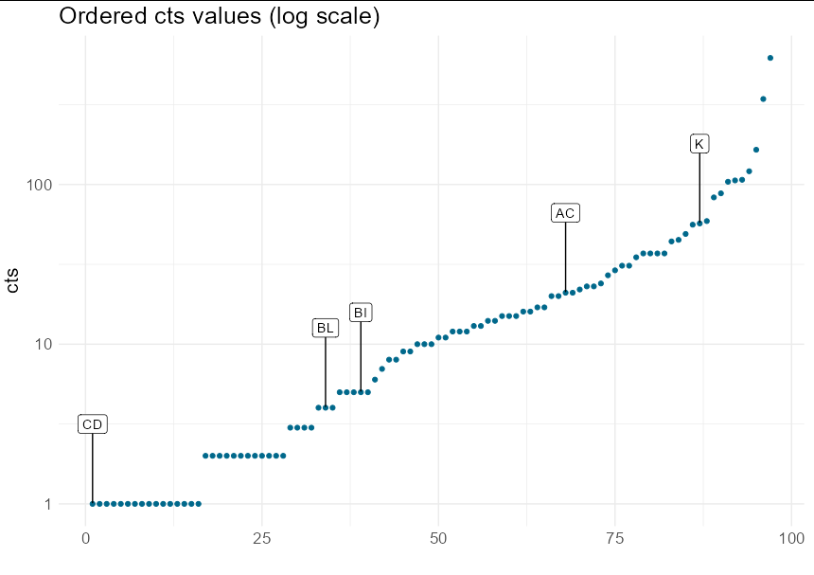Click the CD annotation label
point(92,424)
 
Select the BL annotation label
point(326,328)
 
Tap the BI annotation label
point(361,313)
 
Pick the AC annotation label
point(565,213)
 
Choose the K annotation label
point(699,144)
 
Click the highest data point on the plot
point(770,58)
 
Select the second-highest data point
point(763,99)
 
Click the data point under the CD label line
point(92,504)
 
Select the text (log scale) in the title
point(322,16)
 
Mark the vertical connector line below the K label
point(699,189)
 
